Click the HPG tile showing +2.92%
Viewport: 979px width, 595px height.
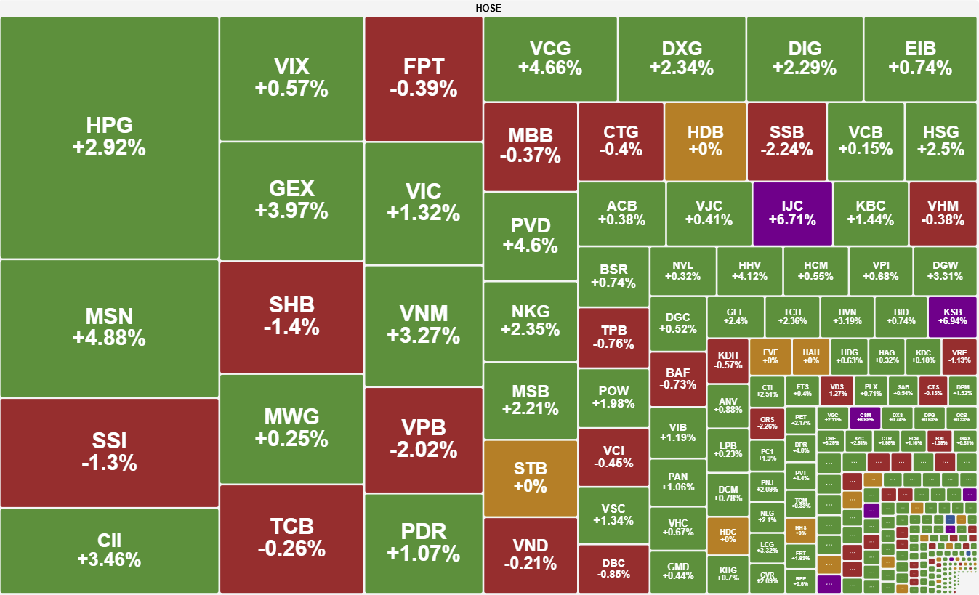pos(109,137)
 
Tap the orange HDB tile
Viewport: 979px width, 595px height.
pos(705,141)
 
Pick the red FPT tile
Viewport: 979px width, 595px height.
pos(423,78)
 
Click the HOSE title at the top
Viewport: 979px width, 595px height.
pos(488,8)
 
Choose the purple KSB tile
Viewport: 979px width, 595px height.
pos(952,317)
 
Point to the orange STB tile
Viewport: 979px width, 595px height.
pos(530,477)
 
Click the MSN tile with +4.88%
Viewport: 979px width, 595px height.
pos(109,328)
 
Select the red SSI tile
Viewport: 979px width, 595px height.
pos(109,452)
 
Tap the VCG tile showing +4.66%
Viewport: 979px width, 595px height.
pos(550,59)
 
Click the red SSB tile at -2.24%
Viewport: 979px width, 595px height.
pos(786,141)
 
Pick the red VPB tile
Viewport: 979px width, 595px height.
pos(423,440)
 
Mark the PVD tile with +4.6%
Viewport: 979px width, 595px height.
pos(530,235)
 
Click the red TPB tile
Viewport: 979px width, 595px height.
pos(613,337)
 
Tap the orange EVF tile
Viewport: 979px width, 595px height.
pos(770,356)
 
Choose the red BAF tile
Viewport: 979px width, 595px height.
pos(677,379)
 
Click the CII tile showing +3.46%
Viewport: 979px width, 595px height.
pos(109,550)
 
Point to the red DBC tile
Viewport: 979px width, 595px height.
pos(613,569)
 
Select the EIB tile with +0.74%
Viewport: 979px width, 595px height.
pos(920,59)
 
